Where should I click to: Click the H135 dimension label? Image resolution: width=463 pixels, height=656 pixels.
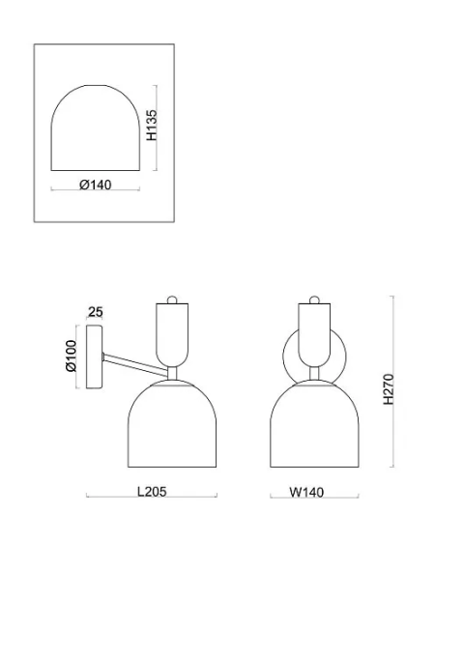click(x=152, y=125)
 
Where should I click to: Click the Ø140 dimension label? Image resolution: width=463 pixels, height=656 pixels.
click(x=96, y=185)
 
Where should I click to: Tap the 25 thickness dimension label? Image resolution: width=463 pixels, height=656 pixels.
click(x=96, y=312)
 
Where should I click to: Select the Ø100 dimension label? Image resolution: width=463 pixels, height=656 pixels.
click(x=72, y=356)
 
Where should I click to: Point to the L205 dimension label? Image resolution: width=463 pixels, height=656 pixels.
click(x=152, y=491)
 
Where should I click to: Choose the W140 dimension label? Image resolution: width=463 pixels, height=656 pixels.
click(x=306, y=492)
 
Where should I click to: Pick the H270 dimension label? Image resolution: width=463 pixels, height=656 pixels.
click(x=389, y=389)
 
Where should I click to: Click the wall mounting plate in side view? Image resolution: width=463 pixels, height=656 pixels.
click(x=94, y=357)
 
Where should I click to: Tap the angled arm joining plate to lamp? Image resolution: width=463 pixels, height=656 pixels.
click(x=134, y=363)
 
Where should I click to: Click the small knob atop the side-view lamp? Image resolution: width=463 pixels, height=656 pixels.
click(x=172, y=299)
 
